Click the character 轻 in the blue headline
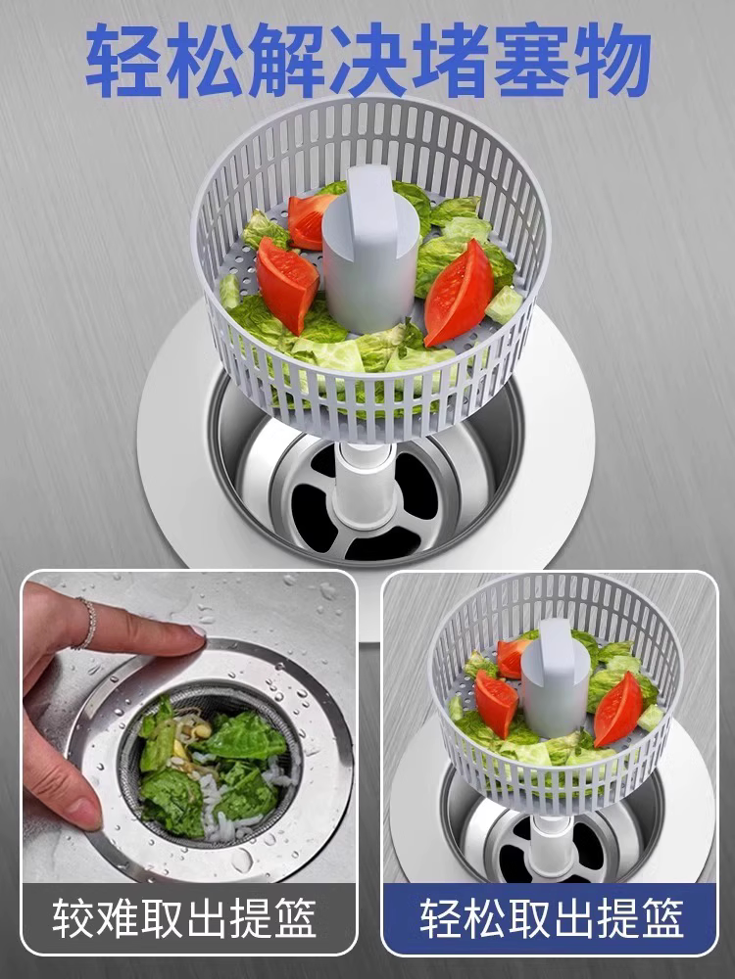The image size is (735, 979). tap(123, 60)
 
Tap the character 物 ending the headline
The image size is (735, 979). tap(612, 60)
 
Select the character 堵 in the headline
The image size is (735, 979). tap(450, 60)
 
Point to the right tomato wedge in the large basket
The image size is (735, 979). tap(460, 292)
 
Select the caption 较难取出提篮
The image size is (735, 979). tap(184, 918)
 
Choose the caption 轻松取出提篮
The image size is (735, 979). tap(552, 918)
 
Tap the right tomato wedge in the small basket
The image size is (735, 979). tap(617, 708)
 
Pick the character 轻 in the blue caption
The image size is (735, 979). tap(441, 918)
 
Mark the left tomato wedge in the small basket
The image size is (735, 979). tap(496, 703)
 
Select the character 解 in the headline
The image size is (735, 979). tap(287, 60)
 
